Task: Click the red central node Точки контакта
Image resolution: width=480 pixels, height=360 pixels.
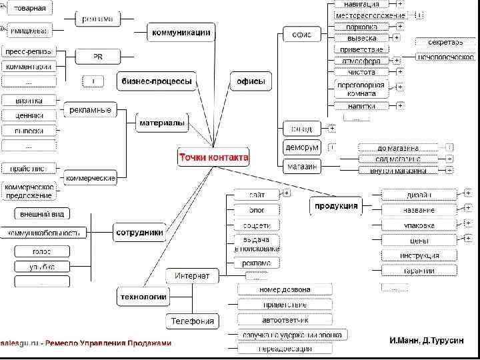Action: (x=213, y=157)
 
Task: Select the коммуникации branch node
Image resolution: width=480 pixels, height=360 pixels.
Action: (x=181, y=31)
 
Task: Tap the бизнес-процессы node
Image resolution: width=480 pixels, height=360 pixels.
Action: (x=157, y=81)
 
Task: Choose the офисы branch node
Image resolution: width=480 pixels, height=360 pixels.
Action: (x=251, y=81)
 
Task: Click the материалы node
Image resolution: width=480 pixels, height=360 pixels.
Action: (x=162, y=123)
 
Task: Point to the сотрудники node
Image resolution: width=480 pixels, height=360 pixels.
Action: (x=139, y=233)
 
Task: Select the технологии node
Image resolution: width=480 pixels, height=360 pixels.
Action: (x=143, y=296)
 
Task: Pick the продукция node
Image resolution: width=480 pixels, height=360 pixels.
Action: (x=336, y=205)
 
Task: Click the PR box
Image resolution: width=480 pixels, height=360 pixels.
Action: (x=97, y=57)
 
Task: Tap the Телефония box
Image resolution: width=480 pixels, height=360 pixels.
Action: (x=192, y=321)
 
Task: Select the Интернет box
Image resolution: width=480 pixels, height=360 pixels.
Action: (x=192, y=275)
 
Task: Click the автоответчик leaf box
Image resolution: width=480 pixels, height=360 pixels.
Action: (x=283, y=319)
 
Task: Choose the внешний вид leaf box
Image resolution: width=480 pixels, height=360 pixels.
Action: (x=42, y=214)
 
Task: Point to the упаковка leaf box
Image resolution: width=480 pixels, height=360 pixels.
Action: (x=419, y=225)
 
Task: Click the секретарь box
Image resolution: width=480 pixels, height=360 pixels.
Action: (x=445, y=43)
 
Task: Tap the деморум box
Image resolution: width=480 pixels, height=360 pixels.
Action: (x=301, y=147)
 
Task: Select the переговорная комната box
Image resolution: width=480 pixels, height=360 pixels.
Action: (x=361, y=89)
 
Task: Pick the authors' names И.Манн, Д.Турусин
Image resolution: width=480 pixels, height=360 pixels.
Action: (x=426, y=341)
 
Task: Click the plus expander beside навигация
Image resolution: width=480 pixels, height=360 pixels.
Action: (x=400, y=4)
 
